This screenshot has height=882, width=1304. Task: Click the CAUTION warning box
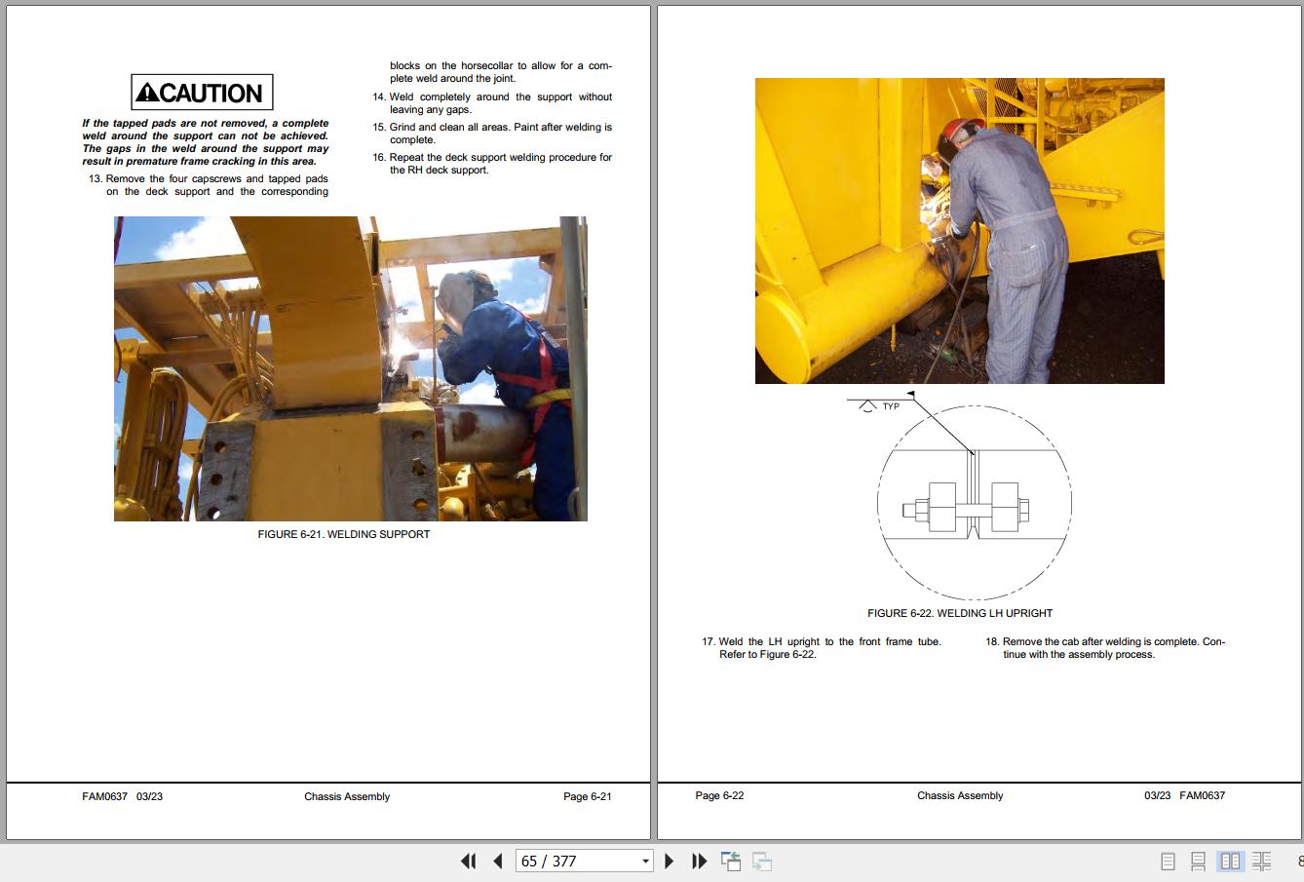202,92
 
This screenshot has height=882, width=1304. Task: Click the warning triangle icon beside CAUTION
148,93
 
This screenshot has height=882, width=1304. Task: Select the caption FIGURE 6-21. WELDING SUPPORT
343,534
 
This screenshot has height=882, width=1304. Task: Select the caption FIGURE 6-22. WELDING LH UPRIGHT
960,613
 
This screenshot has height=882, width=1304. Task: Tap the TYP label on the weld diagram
891,406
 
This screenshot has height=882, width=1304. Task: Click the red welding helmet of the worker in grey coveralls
961,131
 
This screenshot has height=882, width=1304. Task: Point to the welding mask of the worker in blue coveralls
455,300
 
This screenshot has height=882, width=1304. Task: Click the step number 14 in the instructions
379,96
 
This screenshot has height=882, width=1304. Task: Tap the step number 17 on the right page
709,641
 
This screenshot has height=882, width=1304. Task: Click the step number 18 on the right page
992,641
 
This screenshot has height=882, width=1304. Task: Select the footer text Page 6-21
588,796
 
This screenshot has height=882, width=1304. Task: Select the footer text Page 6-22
719,795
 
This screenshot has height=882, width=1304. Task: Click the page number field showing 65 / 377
584,861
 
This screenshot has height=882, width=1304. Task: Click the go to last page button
699,861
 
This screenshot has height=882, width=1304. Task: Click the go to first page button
468,861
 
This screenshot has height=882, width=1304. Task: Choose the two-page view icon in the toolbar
1230,861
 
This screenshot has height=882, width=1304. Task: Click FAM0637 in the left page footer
105,796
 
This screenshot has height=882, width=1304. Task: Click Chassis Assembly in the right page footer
960,795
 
